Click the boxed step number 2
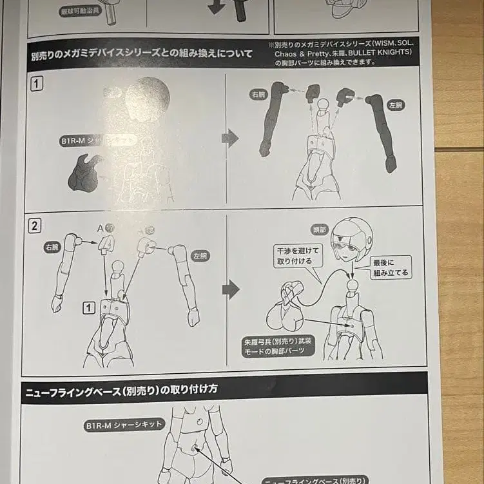35,226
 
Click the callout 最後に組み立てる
391,267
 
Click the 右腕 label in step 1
258,94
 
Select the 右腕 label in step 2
53,246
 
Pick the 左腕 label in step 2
200,256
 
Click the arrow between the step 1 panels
230,137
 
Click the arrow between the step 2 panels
230,289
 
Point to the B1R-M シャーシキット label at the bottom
124,425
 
